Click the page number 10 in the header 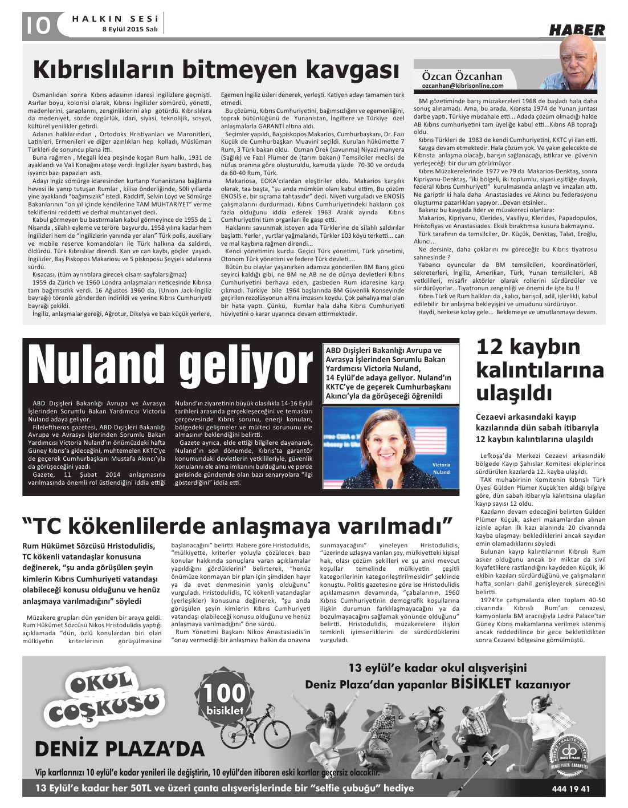click(x=36, y=25)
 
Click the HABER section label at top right click(x=577, y=30)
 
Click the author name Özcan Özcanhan click(x=462, y=76)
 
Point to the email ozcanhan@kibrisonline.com click(x=463, y=86)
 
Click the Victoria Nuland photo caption click(x=441, y=468)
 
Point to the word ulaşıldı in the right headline click(x=506, y=393)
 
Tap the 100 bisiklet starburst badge click(x=225, y=697)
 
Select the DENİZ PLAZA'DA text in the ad click(x=120, y=749)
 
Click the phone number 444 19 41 click(x=571, y=789)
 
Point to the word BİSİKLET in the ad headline click(x=480, y=684)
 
